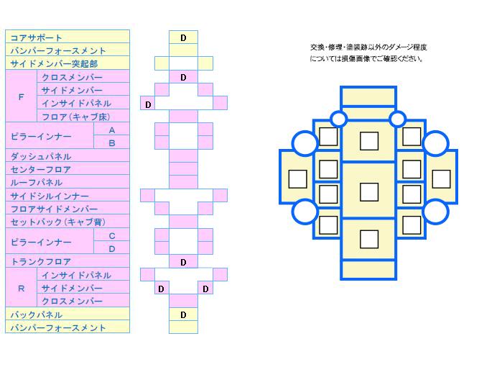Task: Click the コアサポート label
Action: (x=37, y=37)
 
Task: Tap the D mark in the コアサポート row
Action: (x=183, y=37)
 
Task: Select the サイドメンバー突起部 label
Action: (x=55, y=64)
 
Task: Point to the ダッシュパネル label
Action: (x=40, y=156)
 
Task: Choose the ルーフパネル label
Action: (x=37, y=182)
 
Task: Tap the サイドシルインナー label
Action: (x=50, y=196)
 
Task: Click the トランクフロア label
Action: (x=41, y=262)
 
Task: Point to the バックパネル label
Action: (x=37, y=314)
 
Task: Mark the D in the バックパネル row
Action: (x=183, y=314)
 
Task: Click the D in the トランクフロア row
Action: (x=183, y=262)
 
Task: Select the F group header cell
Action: (x=21, y=96)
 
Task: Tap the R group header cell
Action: (x=21, y=288)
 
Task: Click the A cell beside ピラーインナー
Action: (x=111, y=130)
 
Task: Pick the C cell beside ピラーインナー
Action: (x=111, y=235)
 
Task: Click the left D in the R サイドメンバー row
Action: (x=161, y=289)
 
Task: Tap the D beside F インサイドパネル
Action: (x=147, y=104)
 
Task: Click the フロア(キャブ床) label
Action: (x=75, y=117)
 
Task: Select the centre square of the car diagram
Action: (x=368, y=192)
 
